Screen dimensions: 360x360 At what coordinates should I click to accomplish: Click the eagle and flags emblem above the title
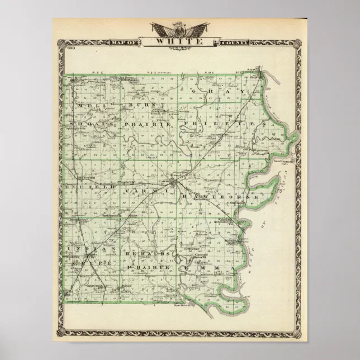point(179,29)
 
